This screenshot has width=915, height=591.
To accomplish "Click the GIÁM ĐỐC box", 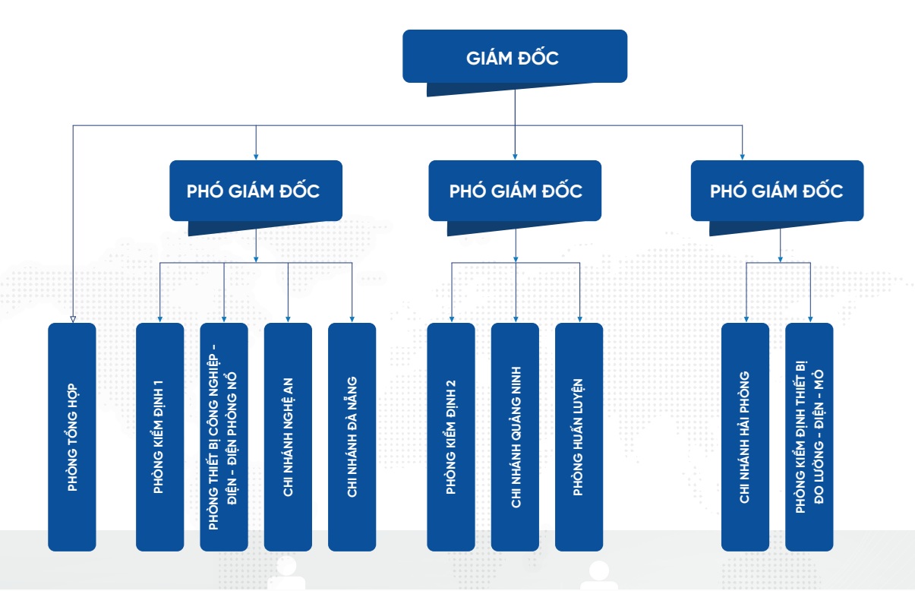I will (515, 56).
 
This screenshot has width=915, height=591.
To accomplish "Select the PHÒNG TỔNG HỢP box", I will (72, 437).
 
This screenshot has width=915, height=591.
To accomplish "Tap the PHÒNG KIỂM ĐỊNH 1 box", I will (159, 437).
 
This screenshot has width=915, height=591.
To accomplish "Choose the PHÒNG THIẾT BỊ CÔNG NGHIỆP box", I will (224, 437).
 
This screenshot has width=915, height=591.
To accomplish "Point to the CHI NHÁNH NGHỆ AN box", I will (288, 437).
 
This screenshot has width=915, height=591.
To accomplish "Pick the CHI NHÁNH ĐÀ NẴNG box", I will (352, 437).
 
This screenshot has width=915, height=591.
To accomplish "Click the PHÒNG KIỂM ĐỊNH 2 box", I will (451, 437).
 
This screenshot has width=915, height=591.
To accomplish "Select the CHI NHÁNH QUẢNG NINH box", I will (515, 437).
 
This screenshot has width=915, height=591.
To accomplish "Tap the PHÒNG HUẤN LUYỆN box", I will (579, 437).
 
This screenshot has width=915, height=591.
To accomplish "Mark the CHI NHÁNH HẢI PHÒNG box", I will (745, 437).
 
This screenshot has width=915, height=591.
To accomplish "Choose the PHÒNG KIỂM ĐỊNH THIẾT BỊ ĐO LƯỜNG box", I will (809, 437).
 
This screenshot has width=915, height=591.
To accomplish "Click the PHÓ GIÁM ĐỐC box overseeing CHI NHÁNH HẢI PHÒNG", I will (777, 191).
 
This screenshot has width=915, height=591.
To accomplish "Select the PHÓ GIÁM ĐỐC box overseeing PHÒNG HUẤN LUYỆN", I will (515, 191).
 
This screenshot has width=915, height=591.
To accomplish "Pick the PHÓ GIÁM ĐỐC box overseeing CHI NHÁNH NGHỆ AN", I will (255, 191).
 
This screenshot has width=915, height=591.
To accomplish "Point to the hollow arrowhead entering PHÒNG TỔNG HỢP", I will (72, 319).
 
